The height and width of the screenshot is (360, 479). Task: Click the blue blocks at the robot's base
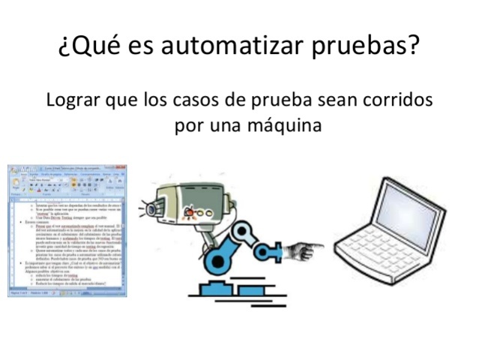point(225,289)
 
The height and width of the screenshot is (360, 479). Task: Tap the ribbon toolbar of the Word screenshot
point(67,184)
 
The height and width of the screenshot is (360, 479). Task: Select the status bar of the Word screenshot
point(67,293)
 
